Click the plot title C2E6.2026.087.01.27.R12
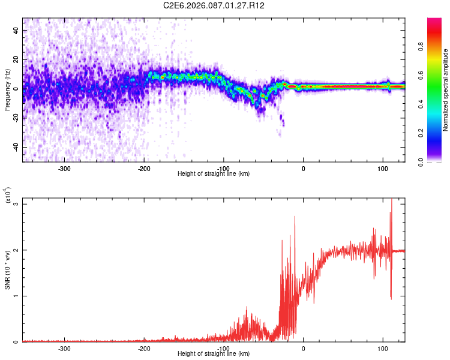coord(214,5)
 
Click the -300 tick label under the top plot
coord(64,168)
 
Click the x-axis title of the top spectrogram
coord(214,174)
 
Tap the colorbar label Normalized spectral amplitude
coord(446,90)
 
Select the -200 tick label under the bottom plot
coord(144,348)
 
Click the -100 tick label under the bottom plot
coord(223,348)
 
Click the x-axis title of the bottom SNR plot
coord(214,354)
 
